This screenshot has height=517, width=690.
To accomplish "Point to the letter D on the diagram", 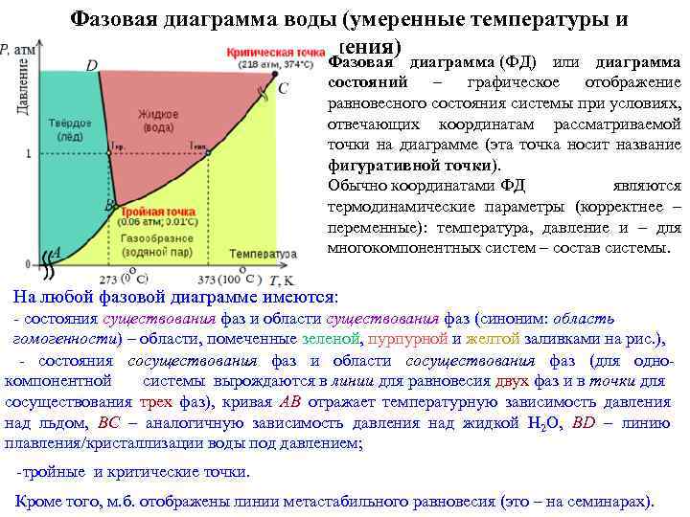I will tap(91, 65).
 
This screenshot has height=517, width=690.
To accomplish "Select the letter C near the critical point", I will tap(283, 88).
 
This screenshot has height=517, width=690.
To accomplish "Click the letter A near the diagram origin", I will tap(55, 252).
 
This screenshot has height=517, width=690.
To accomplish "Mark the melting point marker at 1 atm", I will tap(111, 153).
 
